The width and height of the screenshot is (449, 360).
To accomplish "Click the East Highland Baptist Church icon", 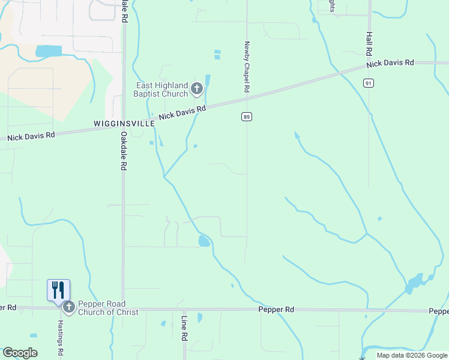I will click(196, 90).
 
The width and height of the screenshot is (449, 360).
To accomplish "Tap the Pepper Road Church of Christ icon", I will click(68, 308).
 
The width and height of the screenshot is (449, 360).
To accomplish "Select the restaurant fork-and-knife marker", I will click(58, 290).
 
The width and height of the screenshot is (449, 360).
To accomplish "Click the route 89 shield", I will click(247, 116).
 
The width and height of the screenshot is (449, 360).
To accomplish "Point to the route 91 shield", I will click(369, 83).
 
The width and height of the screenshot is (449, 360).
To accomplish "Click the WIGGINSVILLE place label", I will click(124, 123).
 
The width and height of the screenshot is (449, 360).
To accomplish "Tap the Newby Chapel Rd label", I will click(247, 67).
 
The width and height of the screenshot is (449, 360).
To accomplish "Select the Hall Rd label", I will click(369, 45).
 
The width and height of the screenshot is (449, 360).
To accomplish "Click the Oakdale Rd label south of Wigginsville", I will click(123, 151).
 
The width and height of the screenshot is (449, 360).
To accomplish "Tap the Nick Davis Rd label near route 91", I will click(390, 63).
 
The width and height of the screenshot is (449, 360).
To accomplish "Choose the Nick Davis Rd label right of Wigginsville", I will click(183, 112).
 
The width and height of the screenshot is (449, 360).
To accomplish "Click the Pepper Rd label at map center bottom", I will click(276, 310).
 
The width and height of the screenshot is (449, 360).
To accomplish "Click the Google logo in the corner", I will click(20, 353).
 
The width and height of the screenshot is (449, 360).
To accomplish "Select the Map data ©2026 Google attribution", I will click(412, 355).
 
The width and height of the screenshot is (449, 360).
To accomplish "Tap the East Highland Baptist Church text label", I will click(161, 90).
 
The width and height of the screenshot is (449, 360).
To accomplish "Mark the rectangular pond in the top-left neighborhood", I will click(48, 51).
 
